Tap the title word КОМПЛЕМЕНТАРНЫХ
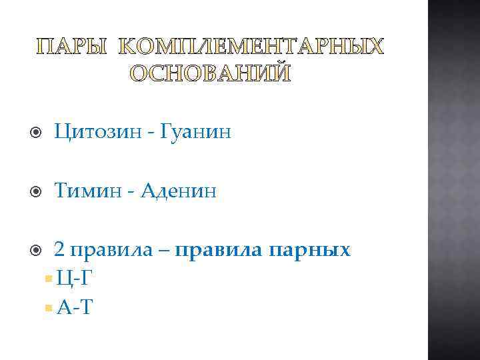pos(251,47)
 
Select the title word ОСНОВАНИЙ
pos(210,73)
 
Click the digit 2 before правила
pos(59,250)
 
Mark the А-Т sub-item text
pos(75,307)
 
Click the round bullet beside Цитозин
pos(37,133)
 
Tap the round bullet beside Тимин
pos(37,192)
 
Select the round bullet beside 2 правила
pos(37,251)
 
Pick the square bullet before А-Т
pos(46,307)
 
